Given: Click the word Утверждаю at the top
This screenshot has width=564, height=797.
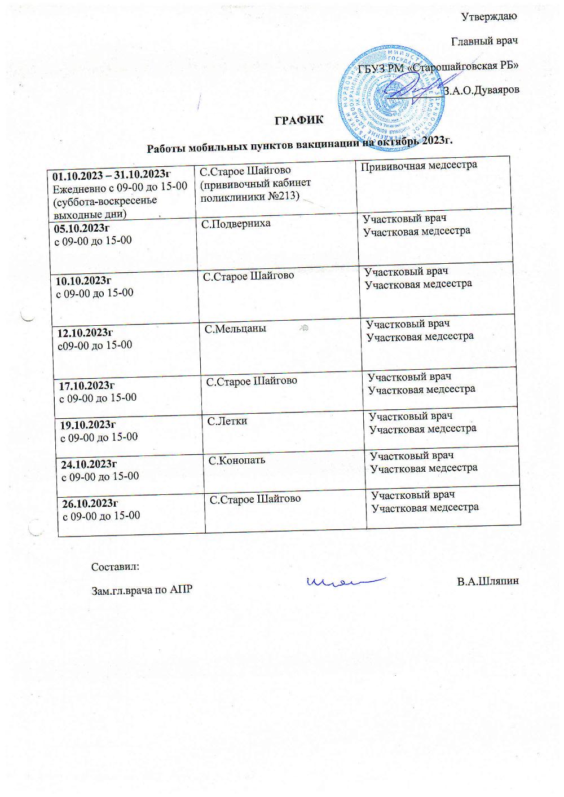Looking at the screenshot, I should (489, 16).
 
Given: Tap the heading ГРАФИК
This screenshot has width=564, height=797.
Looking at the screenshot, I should (299, 120).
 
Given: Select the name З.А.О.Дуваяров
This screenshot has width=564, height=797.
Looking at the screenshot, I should (481, 90).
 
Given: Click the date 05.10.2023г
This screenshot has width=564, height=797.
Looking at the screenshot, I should (81, 228).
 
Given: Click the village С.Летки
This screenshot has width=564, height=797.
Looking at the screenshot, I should (227, 420).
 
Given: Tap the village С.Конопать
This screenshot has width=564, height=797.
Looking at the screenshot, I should (237, 461).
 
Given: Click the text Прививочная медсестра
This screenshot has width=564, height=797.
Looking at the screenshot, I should (418, 165).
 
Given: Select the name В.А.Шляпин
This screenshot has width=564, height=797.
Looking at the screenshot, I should (487, 581).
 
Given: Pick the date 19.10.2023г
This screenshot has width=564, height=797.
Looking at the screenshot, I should (88, 424).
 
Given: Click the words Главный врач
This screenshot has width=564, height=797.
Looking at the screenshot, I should (484, 41).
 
